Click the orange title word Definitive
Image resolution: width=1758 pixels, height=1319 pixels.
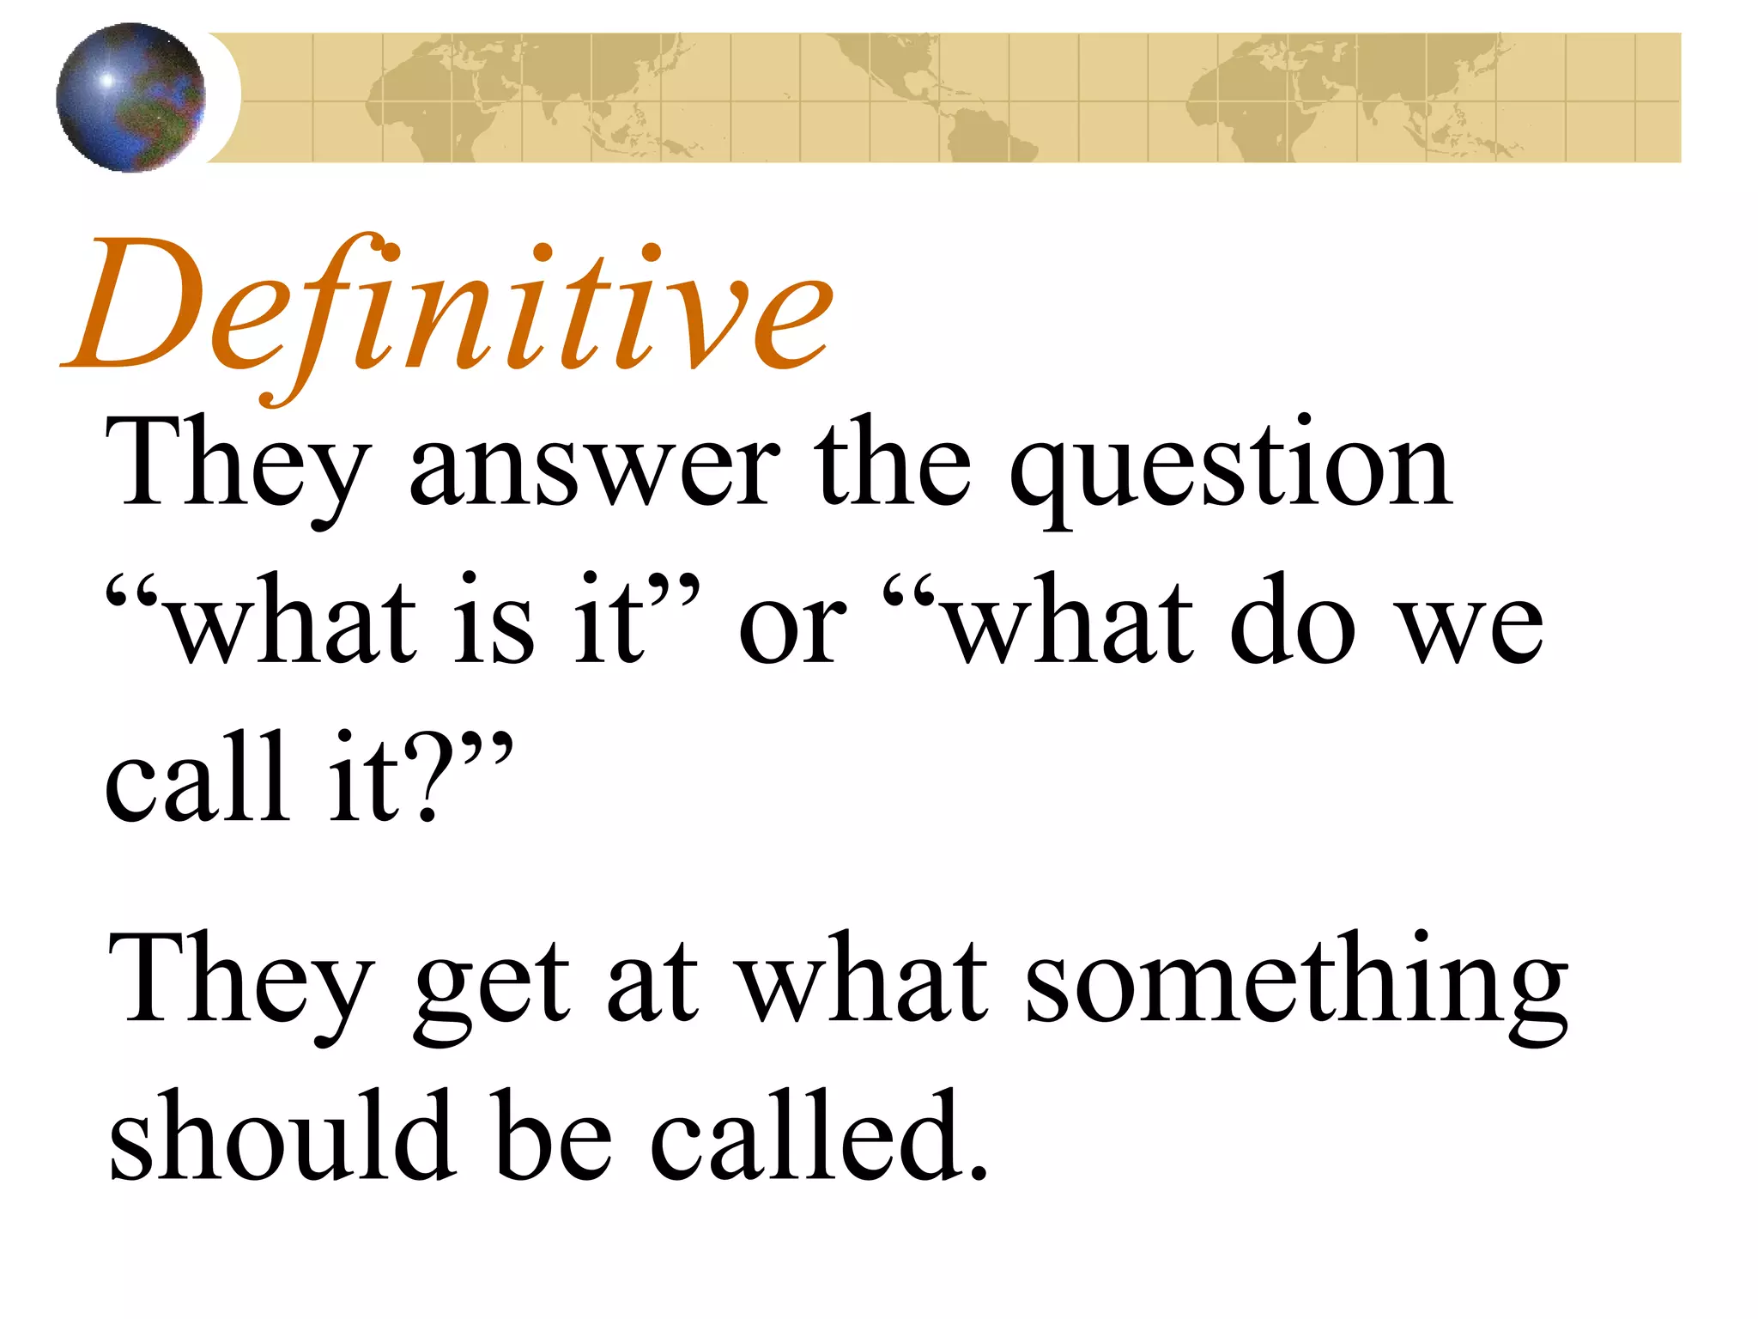coord(446,309)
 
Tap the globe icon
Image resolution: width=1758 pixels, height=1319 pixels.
coord(130,97)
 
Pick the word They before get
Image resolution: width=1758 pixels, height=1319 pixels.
coord(240,983)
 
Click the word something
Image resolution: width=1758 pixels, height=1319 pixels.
coord(1296,983)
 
